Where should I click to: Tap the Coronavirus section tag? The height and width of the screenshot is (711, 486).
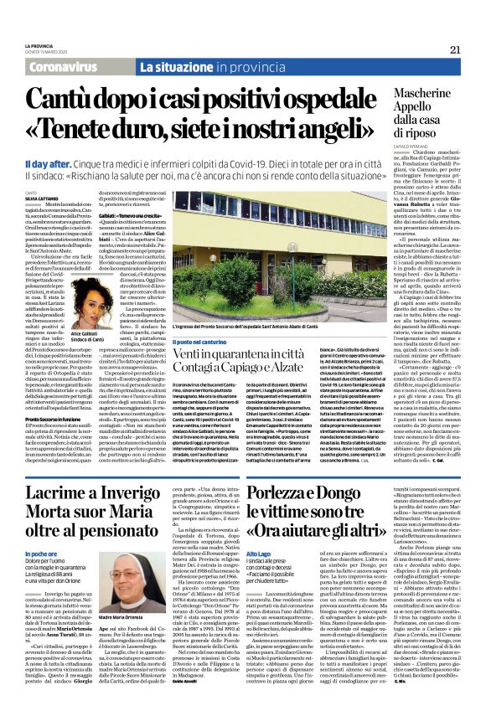click(x=75, y=66)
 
